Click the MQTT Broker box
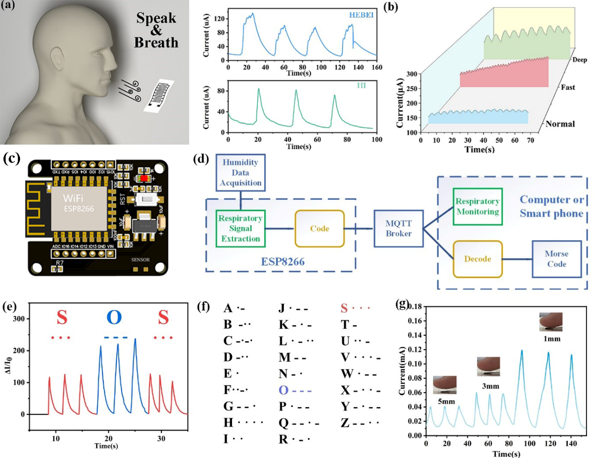point(398,228)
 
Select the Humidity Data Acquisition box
point(240,173)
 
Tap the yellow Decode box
point(477,259)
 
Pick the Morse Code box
point(557,259)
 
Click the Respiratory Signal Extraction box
point(240,228)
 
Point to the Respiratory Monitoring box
point(477,206)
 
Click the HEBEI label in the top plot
point(361,15)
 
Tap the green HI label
point(361,85)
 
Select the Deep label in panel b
point(579,60)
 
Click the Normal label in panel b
point(560,124)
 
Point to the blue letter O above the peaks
point(114,317)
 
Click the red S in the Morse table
point(344,309)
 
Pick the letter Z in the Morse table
point(345,423)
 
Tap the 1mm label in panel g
point(552,339)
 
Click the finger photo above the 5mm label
point(445,385)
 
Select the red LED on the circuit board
point(144,178)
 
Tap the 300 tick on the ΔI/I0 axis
point(19,319)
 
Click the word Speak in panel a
point(156,18)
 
